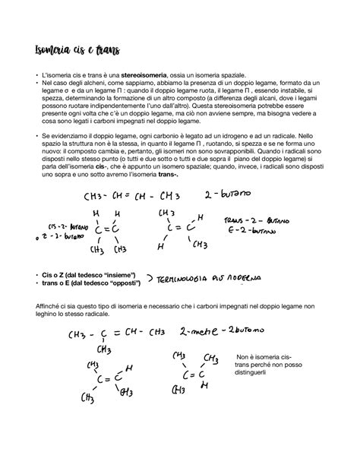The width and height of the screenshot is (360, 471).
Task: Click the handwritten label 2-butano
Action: pyautogui.click(x=227, y=196)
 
